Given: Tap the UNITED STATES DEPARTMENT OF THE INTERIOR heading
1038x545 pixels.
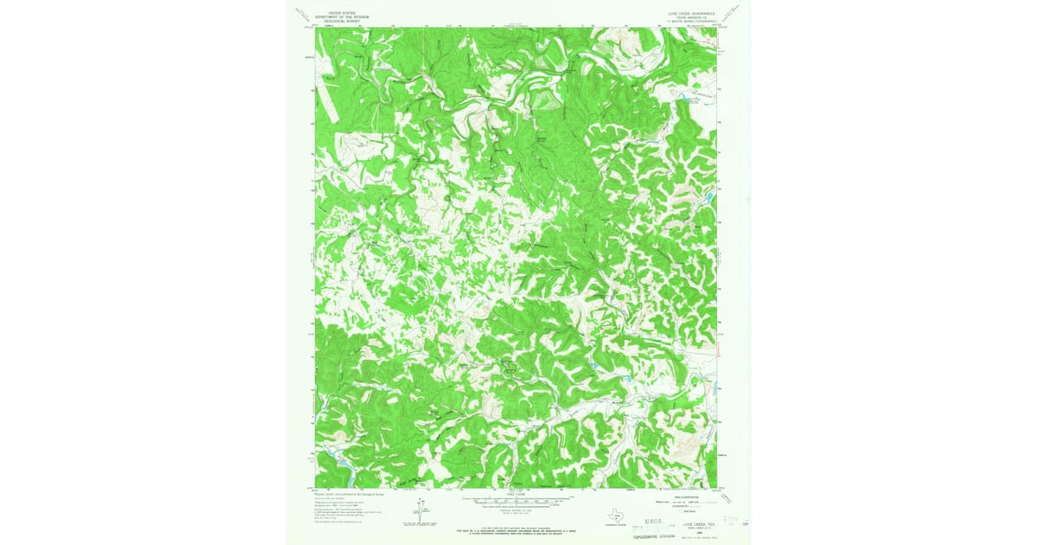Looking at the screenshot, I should tap(342, 15).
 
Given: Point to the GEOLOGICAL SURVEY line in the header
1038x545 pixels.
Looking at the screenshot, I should tap(342, 21).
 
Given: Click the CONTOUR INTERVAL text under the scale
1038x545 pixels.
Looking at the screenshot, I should tap(516, 510).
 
